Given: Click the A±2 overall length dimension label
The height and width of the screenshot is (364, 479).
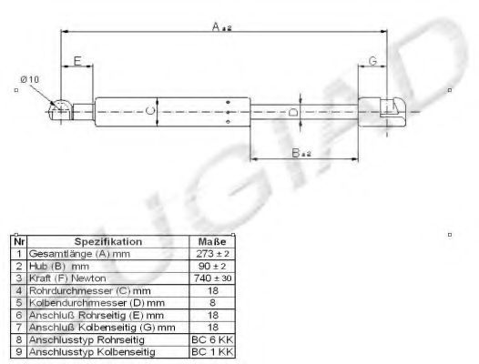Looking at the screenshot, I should pyautogui.click(x=222, y=29).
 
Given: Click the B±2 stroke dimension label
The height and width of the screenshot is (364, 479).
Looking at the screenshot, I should pyautogui.click(x=302, y=155).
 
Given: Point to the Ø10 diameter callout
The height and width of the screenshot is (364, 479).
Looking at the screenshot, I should pyautogui.click(x=30, y=79).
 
